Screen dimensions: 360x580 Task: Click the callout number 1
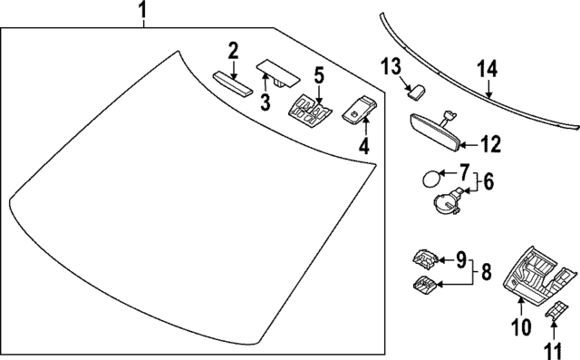(x=141, y=12)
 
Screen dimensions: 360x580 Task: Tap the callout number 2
(x=233, y=51)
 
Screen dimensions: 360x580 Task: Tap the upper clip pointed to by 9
(x=425, y=257)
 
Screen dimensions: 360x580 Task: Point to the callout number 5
(x=318, y=73)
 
